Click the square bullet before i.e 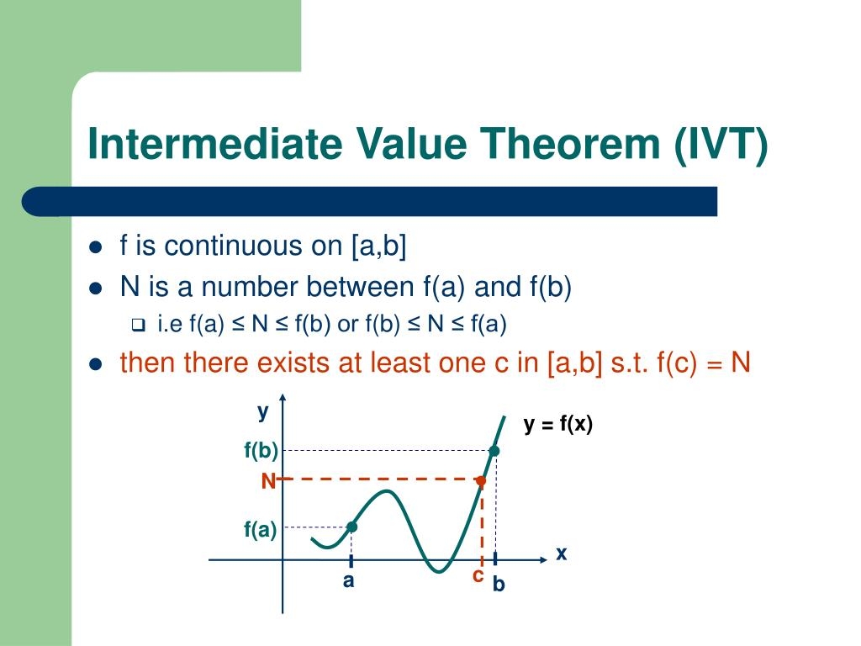[140, 325]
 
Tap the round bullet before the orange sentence [96, 364]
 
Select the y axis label [263, 411]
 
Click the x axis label [562, 553]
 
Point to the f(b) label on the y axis [261, 452]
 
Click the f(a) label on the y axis [261, 529]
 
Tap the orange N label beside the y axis [268, 481]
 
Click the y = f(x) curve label [558, 425]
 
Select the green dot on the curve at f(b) [494, 452]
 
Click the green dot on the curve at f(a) [351, 527]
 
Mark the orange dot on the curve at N [481, 481]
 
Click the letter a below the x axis [348, 581]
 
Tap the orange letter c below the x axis [478, 576]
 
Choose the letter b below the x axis [499, 584]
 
